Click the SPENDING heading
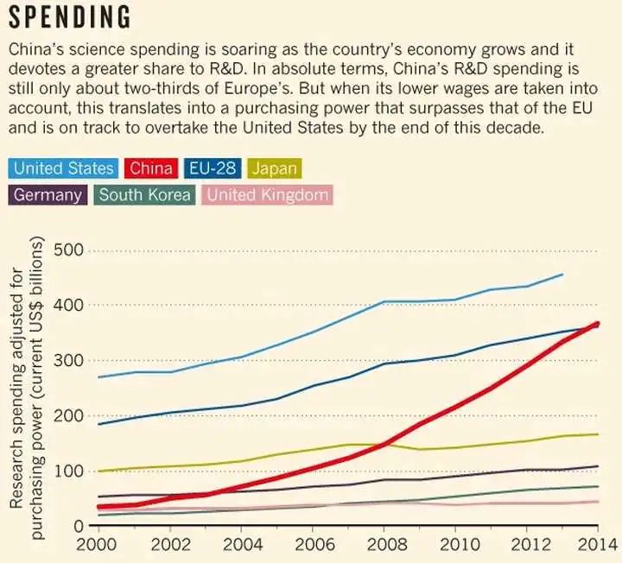click(x=70, y=17)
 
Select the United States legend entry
click(x=63, y=168)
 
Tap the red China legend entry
click(x=151, y=168)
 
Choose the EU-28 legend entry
click(x=217, y=168)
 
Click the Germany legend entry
click(x=48, y=194)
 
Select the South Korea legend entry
click(x=144, y=194)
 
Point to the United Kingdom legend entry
click(x=268, y=194)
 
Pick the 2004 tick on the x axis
click(x=239, y=546)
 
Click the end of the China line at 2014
click(x=597, y=324)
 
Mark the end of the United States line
click(x=562, y=275)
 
